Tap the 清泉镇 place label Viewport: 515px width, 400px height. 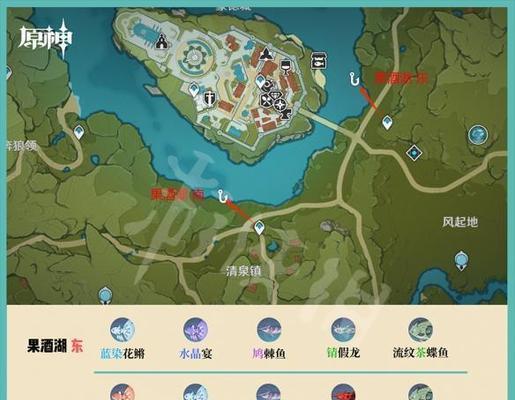point(244,270)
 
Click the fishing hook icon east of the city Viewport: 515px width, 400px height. point(354,78)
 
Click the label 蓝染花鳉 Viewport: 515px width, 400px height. point(122,353)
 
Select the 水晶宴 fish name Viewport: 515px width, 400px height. point(195,353)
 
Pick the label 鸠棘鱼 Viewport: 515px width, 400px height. point(269,353)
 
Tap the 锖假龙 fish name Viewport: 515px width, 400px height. point(343,353)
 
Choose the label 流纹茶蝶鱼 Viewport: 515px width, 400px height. point(421,353)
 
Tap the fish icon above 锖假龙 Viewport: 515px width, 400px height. point(343,329)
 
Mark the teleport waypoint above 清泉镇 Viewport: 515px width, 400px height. point(259,228)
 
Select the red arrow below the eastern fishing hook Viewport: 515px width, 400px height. point(369,96)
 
